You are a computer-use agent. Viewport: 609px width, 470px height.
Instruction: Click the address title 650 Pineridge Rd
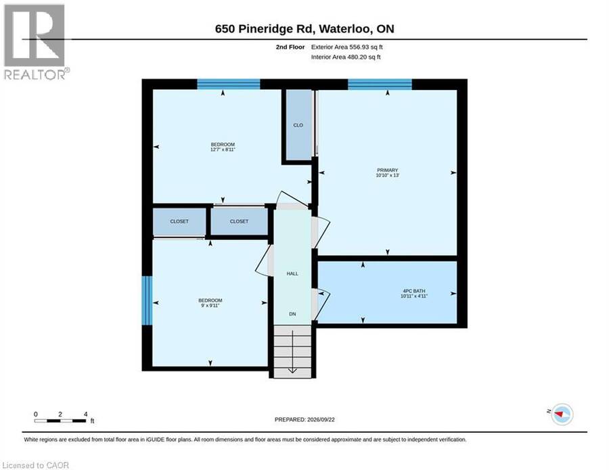tap(305, 28)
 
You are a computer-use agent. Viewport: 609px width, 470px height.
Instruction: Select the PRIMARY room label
tap(388, 170)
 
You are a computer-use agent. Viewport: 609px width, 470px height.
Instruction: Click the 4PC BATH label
tap(414, 291)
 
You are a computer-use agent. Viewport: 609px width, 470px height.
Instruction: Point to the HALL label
tap(292, 274)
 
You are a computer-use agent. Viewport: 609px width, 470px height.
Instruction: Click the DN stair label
tap(292, 314)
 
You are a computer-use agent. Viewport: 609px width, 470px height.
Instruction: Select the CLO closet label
tap(298, 125)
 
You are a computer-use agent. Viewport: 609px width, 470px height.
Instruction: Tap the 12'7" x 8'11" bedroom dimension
tap(223, 149)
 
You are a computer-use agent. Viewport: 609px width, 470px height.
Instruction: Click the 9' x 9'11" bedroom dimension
tap(210, 306)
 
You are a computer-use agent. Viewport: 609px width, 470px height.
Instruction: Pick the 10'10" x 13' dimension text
tap(388, 175)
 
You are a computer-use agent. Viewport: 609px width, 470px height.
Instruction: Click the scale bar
tap(60, 421)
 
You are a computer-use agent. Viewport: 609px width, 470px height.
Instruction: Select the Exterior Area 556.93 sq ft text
tap(347, 47)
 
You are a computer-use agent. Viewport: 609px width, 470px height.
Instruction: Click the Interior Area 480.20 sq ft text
tap(346, 57)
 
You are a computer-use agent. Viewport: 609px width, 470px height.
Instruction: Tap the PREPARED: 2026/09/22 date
tap(304, 419)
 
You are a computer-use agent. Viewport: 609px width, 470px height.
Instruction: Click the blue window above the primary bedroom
tap(380, 85)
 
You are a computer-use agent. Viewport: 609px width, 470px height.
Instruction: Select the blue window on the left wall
tap(147, 300)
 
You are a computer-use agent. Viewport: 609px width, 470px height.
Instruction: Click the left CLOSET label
tap(179, 221)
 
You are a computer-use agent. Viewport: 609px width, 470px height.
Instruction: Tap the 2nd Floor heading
tap(290, 47)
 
